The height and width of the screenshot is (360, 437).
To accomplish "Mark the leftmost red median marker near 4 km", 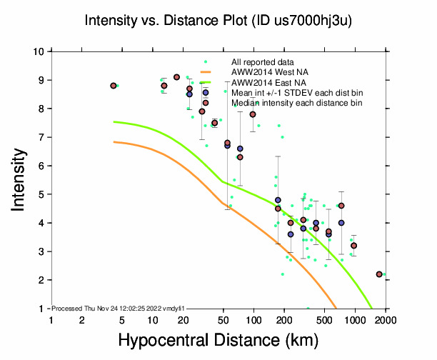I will pyautogui.click(x=114, y=86).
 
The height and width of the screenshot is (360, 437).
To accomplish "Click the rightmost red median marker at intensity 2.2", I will pyautogui.click(x=379, y=274).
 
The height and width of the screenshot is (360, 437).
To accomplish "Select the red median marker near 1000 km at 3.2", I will pyautogui.click(x=354, y=246).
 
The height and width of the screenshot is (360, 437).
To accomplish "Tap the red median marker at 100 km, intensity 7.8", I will pyautogui.click(x=253, y=114).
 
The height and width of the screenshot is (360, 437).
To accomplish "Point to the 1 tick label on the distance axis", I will pyautogui.click(x=51, y=320).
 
